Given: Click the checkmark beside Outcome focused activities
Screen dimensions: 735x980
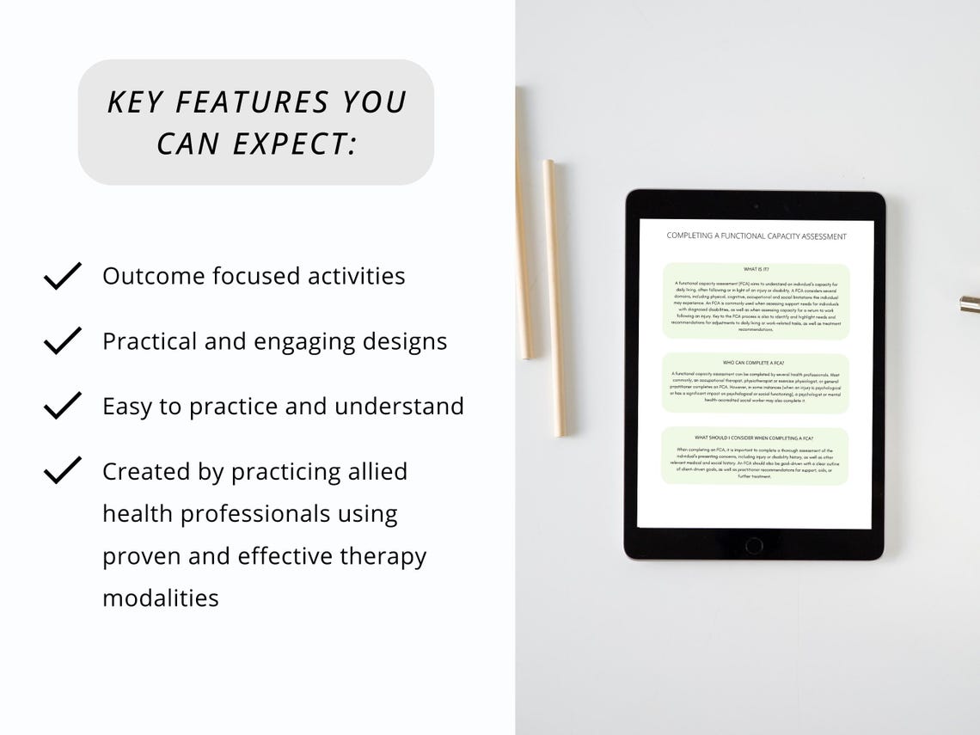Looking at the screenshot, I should click(62, 276).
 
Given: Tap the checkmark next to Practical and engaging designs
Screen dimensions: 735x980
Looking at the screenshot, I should click(62, 340).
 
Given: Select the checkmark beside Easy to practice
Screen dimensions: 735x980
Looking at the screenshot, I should click(62, 406).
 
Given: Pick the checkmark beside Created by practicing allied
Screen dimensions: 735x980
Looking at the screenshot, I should click(62, 471).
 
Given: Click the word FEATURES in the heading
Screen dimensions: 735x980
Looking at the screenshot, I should click(252, 102).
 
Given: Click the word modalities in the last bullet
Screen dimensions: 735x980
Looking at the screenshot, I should click(161, 597).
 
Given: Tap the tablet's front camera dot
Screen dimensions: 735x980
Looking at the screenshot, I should click(755, 206).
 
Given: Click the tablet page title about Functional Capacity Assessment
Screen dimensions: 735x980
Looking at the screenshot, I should click(756, 236).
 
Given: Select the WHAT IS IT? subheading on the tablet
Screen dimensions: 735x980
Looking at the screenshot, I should click(756, 269).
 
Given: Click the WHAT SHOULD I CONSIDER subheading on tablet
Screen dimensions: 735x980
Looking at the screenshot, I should click(754, 438).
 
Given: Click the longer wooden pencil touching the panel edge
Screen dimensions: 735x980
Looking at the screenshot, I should click(524, 224).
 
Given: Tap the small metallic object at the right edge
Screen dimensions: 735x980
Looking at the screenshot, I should click(970, 303).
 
